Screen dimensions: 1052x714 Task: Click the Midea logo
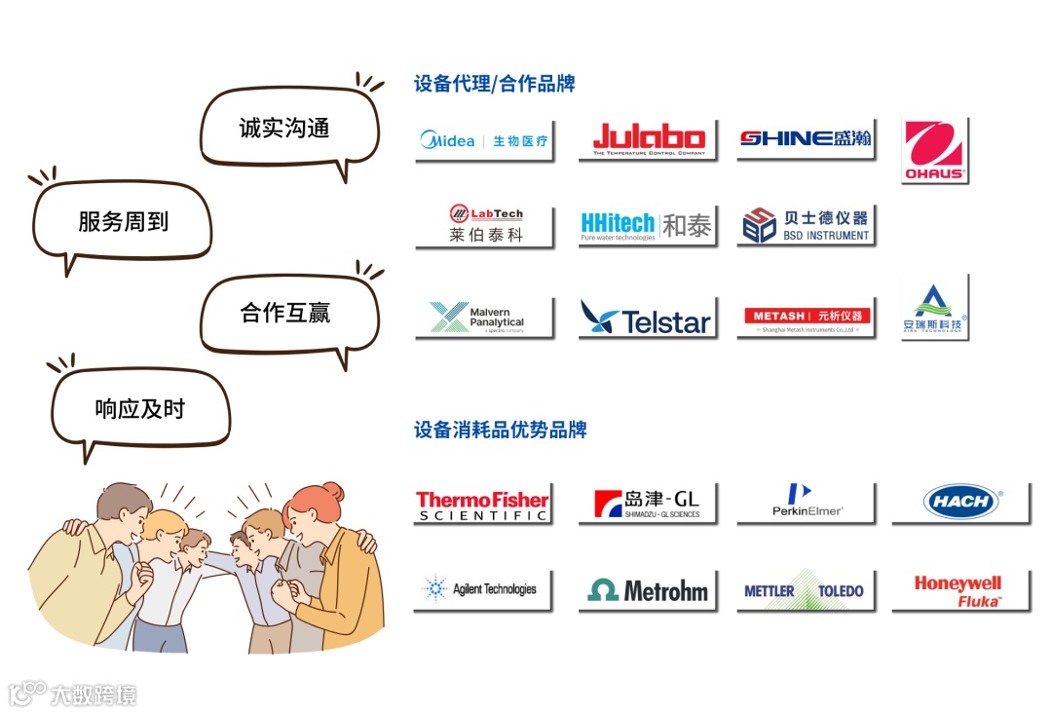484,140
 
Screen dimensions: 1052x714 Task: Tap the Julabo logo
648,139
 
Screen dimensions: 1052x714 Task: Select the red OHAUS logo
933,150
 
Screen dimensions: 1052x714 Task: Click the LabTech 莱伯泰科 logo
484,225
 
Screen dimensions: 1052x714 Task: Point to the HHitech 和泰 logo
647,226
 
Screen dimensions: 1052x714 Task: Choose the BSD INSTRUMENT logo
805,225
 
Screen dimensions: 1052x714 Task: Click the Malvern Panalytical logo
484,318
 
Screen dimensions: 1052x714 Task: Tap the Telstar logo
647,318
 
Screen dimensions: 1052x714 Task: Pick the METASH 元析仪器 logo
805,318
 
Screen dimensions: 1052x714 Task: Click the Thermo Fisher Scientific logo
482,504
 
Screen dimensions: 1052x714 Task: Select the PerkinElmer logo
805,503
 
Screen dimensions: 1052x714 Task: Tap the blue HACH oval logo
960,503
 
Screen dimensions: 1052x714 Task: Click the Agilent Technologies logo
482,589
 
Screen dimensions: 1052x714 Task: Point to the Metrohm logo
647,590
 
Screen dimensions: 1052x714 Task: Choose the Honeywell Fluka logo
958,590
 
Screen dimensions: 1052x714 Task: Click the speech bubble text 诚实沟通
284,129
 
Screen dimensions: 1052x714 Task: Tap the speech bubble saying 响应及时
139,409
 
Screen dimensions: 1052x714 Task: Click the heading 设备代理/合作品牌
494,84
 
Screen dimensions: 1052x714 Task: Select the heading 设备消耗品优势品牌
500,430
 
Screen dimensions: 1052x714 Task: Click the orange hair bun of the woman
332,491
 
